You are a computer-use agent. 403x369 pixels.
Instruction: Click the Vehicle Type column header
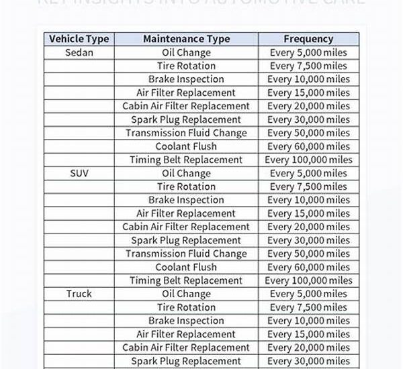(x=79, y=39)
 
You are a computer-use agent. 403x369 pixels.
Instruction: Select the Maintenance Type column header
(x=186, y=39)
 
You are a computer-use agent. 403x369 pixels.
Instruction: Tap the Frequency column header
(x=308, y=39)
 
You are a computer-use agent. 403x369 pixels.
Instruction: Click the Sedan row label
(x=79, y=52)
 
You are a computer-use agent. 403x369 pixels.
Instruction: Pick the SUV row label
(x=79, y=173)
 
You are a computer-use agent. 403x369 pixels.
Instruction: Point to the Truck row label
(x=79, y=294)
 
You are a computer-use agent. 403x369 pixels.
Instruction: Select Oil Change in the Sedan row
(x=186, y=52)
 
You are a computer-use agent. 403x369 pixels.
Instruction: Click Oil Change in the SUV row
(x=186, y=173)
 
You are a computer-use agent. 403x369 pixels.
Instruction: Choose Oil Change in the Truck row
(x=186, y=294)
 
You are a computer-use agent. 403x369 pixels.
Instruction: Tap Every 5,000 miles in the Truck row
(x=308, y=294)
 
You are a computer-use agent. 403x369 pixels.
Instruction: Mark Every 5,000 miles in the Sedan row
(x=308, y=52)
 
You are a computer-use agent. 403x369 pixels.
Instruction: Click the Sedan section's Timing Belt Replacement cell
(x=186, y=160)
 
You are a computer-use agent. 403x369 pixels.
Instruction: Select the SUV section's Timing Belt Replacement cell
(x=186, y=280)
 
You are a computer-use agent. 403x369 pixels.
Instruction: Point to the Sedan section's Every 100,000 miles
(x=308, y=160)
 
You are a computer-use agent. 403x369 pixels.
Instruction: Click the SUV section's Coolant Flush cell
(x=186, y=267)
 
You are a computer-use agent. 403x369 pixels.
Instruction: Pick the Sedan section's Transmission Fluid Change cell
(x=186, y=133)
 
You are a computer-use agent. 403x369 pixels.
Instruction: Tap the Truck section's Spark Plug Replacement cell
(x=186, y=361)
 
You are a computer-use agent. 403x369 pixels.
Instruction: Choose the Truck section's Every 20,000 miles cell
(x=308, y=348)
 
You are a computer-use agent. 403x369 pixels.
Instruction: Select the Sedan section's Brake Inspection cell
(x=186, y=79)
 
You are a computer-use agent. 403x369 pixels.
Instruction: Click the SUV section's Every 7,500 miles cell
(x=308, y=187)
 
